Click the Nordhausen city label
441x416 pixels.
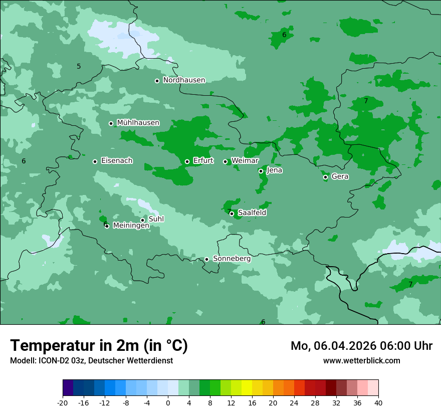click(x=184, y=80)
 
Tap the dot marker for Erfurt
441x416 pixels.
click(x=187, y=161)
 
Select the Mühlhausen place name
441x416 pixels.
click(x=138, y=123)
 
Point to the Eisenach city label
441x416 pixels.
click(x=117, y=161)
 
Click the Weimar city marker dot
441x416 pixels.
click(x=225, y=161)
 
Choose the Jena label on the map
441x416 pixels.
click(x=275, y=170)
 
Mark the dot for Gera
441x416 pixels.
click(x=325, y=177)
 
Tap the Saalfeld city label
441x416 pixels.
click(x=252, y=213)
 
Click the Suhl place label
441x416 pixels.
click(x=156, y=219)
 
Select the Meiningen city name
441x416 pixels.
click(x=131, y=226)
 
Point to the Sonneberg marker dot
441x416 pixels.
click(x=206, y=259)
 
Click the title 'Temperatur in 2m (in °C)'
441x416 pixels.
click(x=99, y=346)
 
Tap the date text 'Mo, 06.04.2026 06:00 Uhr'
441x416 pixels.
click(x=361, y=346)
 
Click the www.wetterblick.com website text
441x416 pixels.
click(x=361, y=361)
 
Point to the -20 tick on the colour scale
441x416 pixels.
click(x=63, y=403)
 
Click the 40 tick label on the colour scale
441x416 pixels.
click(x=378, y=403)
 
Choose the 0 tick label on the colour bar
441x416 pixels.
click(x=168, y=403)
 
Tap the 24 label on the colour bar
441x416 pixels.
click(x=294, y=403)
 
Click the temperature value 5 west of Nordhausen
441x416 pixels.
click(x=79, y=67)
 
